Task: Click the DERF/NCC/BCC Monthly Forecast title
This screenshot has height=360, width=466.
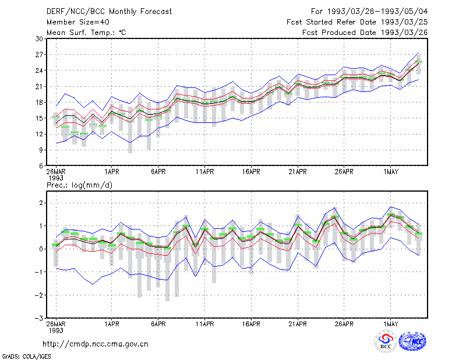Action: click(109, 12)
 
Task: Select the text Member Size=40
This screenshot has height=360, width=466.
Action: click(78, 22)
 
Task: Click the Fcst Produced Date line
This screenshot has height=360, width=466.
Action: click(365, 33)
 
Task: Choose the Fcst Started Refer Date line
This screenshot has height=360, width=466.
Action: click(357, 22)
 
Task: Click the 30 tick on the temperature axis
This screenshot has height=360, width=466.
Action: click(40, 39)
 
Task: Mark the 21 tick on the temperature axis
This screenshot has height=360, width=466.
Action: click(40, 87)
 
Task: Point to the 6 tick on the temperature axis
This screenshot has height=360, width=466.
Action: click(41, 166)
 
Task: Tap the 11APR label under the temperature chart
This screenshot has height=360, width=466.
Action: click(205, 172)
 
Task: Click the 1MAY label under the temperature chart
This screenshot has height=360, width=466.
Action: click(390, 172)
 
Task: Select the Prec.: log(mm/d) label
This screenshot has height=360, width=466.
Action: click(79, 185)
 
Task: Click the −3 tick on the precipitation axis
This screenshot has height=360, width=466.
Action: click(39, 318)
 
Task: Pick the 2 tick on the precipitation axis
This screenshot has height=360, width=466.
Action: click(41, 203)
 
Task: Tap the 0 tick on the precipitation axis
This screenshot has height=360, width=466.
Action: click(41, 249)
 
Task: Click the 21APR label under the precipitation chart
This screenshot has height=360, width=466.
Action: click(298, 324)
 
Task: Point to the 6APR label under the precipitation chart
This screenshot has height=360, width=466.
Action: click(158, 324)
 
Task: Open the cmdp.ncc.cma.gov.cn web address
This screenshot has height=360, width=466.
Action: click(96, 344)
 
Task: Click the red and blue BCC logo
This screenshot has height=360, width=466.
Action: click(386, 341)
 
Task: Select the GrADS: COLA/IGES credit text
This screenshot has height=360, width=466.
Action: click(26, 357)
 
